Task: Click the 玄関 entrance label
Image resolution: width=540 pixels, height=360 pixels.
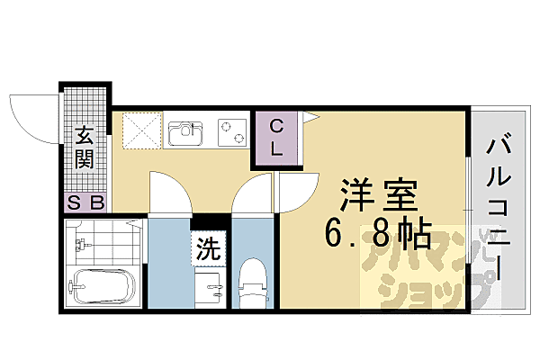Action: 85,148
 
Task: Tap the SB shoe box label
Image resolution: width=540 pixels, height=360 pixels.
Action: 85,203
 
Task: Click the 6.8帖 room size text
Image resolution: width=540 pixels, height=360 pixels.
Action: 375,236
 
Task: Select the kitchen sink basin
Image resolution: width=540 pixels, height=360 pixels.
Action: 187,133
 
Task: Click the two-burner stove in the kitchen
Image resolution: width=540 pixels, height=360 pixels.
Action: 231,132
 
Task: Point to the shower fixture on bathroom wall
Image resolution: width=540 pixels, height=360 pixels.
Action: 84,244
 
